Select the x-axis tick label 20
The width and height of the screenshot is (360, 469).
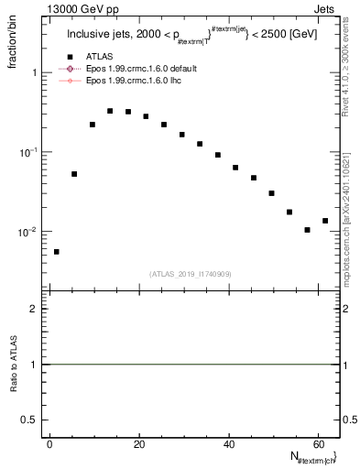click(x=138, y=445)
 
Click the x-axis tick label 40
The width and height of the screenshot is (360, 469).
click(x=227, y=445)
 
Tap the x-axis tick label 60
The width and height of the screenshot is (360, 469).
click(x=317, y=445)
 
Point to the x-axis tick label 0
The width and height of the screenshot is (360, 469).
click(x=49, y=445)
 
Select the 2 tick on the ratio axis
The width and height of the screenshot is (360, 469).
click(x=36, y=310)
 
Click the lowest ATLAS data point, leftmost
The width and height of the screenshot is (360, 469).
click(x=57, y=252)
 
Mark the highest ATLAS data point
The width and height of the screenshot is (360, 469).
click(x=110, y=111)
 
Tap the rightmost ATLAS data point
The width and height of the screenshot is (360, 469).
click(x=325, y=221)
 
